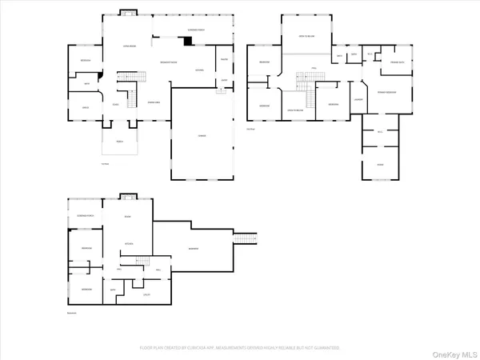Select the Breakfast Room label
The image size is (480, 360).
[168, 62]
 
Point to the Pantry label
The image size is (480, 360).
[224, 60]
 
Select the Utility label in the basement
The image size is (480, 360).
[147, 295]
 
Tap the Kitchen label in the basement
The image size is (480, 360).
[127, 242]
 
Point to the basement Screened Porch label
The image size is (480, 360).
[85, 217]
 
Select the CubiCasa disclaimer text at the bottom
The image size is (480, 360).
[240, 348]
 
